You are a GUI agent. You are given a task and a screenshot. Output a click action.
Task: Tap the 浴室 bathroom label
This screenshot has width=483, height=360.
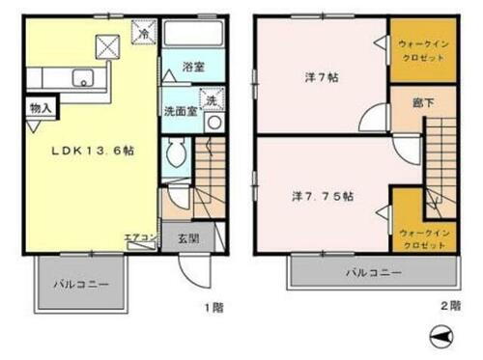pyautogui.click(x=193, y=68)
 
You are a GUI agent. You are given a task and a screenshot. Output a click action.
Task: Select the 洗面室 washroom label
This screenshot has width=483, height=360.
pyautogui.click(x=180, y=110)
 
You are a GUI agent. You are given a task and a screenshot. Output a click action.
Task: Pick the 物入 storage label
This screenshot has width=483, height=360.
pyautogui.click(x=41, y=109)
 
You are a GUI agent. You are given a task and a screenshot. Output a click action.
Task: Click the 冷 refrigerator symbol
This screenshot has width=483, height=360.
pyautogui.click(x=144, y=32)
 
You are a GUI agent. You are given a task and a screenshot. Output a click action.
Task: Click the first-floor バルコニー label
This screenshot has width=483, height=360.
pyautogui.click(x=80, y=286)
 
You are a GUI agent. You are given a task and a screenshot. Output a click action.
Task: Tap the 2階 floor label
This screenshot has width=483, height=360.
pyautogui.click(x=451, y=306)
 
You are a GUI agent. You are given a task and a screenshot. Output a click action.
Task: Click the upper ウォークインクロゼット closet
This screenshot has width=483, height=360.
pyautogui.click(x=421, y=50)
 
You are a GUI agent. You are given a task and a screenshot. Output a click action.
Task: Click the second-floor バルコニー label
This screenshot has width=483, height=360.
pyautogui.click(x=373, y=275)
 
